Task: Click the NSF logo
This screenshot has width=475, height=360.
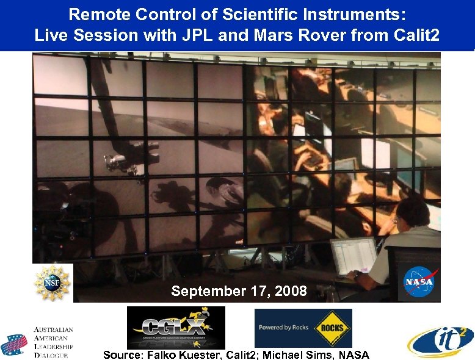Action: [x=53, y=283]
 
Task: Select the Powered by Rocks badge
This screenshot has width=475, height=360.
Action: [x=303, y=328]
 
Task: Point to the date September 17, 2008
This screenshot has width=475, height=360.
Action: [x=239, y=291]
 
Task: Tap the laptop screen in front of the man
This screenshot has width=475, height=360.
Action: [x=353, y=256]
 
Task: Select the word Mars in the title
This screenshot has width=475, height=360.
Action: [x=273, y=35]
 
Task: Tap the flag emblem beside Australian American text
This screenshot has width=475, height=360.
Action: [x=14, y=345]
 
